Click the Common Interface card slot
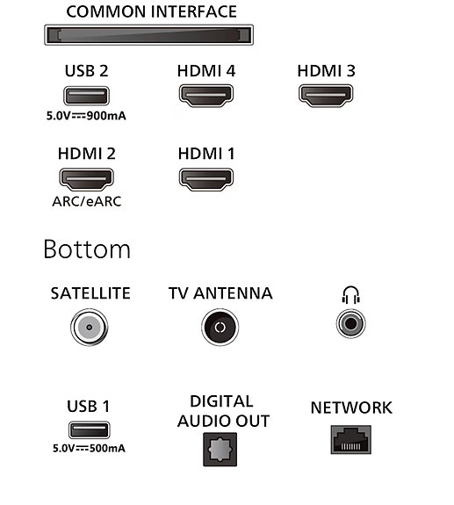(x=148, y=35)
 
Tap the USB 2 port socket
(x=86, y=96)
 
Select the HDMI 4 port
(x=206, y=96)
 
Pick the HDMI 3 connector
(x=326, y=96)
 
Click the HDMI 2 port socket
(x=86, y=179)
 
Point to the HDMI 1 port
(x=206, y=179)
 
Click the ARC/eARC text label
(x=87, y=202)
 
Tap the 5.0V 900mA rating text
(x=86, y=116)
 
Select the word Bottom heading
(x=87, y=249)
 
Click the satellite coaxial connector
(x=90, y=328)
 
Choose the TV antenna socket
(x=220, y=328)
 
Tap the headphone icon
(x=350, y=295)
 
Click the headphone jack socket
(x=350, y=323)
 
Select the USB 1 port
(x=90, y=430)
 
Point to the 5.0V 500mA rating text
(x=89, y=448)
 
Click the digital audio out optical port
(x=220, y=450)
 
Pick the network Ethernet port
(x=351, y=440)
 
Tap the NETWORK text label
(x=351, y=408)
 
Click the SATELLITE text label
(x=90, y=293)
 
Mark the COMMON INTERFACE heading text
(x=151, y=11)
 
